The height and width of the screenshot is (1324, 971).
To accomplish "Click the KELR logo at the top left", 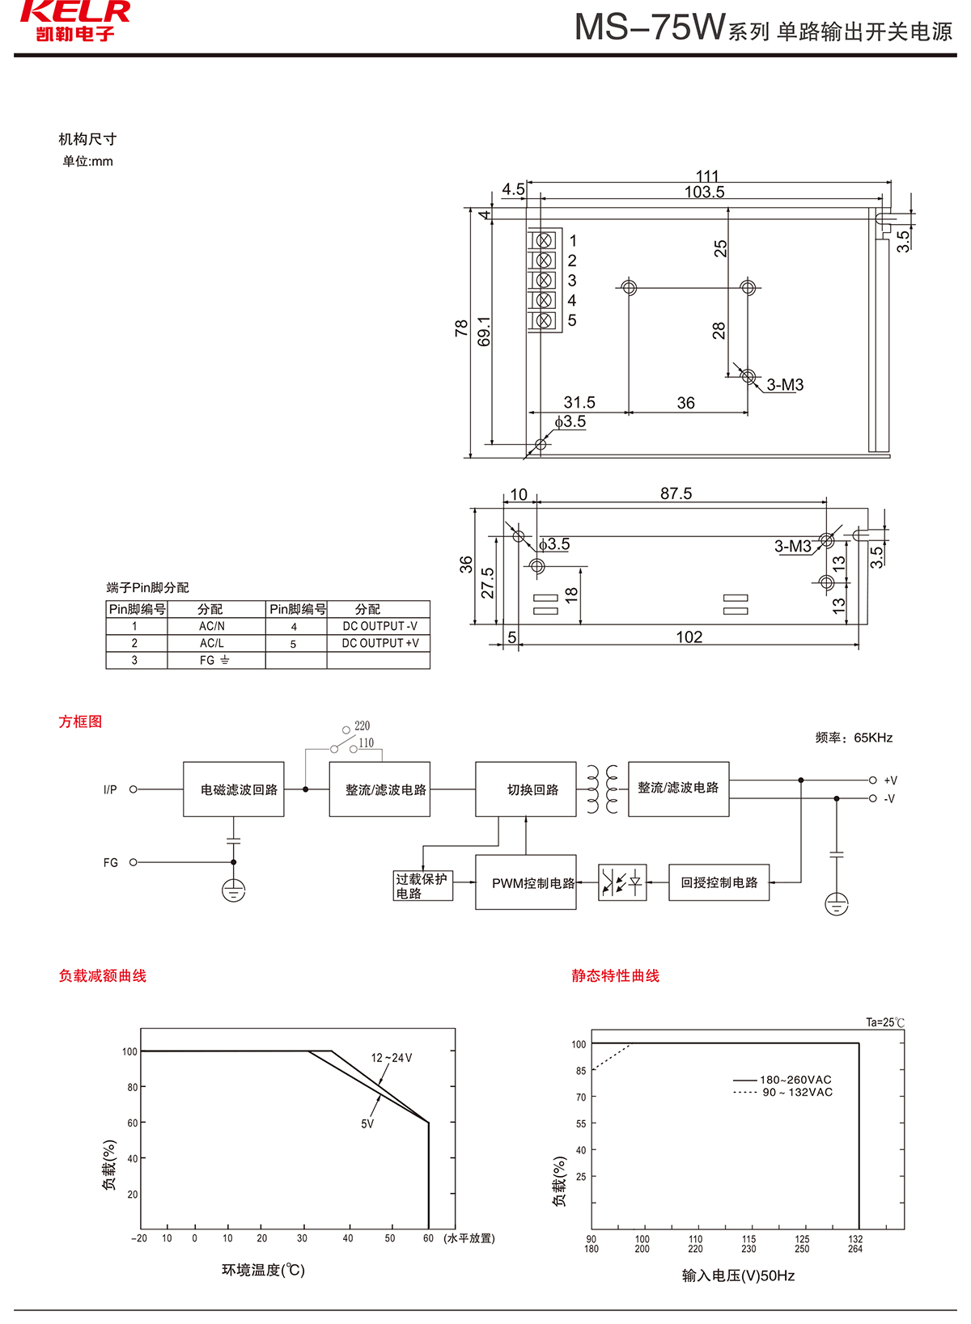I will [74, 21].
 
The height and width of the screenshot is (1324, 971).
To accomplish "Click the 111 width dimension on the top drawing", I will [707, 176].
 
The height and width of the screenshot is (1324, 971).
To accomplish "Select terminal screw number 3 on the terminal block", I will [545, 280].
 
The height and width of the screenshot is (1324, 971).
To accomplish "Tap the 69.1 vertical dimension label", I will [484, 331].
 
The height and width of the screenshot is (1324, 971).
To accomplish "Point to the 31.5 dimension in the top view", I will [579, 402].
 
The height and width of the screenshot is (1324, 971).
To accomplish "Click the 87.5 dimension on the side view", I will [676, 493].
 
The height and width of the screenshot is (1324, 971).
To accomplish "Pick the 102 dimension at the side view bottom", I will [689, 637].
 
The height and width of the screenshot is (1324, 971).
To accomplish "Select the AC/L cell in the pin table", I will [212, 643].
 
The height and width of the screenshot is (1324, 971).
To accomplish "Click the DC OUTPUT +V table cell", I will [379, 643].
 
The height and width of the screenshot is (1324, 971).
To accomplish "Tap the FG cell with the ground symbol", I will [214, 660].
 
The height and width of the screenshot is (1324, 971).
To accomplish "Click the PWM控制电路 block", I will [526, 882].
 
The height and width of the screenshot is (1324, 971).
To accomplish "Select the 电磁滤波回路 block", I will [234, 789].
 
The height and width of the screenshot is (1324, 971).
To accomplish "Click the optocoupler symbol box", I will [622, 882].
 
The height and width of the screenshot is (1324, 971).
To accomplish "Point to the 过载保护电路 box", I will [422, 886].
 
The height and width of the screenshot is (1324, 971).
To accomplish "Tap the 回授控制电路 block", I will [719, 882].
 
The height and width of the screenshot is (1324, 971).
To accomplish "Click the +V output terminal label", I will [890, 780].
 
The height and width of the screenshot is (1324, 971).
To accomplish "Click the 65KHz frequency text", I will [873, 738].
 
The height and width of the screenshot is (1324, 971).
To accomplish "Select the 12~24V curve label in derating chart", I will [392, 1058].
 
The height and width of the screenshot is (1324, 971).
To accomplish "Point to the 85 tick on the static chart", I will [581, 1071].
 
